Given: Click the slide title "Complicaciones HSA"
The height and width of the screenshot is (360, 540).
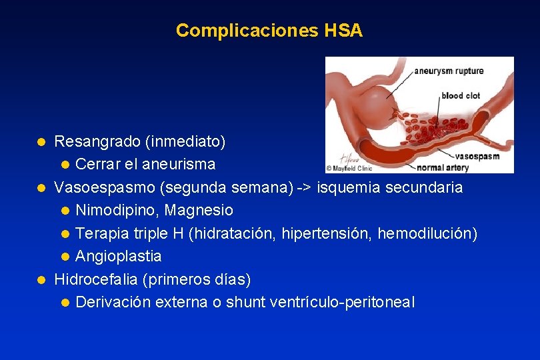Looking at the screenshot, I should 269,31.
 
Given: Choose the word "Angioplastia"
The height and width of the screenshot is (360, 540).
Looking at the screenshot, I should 119,256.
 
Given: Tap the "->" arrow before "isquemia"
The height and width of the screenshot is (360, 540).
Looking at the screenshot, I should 305,187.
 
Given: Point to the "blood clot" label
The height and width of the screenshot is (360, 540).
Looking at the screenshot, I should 461,95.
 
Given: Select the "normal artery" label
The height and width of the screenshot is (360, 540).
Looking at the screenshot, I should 443,167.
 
